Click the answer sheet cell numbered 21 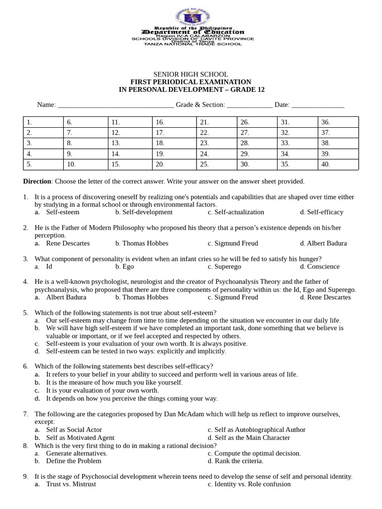coord(216,122)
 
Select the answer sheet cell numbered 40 coord(338,164)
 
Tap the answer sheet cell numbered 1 coord(43,122)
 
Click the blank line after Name coord(115,105)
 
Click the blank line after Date coord(317,105)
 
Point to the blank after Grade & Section coord(250,105)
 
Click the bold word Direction coord(37,181)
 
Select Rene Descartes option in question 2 coord(68,244)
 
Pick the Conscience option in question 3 coord(323,266)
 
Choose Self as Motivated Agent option coord(80,438)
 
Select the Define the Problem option coord(74,461)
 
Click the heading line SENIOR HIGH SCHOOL coord(191,74)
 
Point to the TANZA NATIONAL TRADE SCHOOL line coord(192,44)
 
